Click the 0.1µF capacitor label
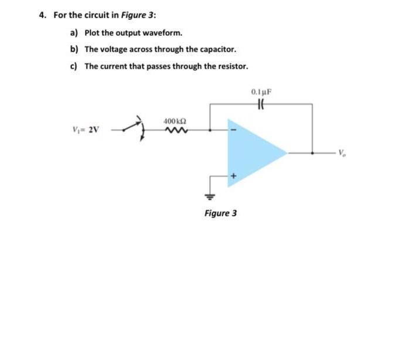(261, 92)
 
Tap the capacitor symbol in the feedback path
(261, 103)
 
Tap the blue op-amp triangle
(252, 152)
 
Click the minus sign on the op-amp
(233, 130)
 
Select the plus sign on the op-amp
(233, 175)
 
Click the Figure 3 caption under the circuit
(220, 213)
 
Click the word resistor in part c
(232, 66)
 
